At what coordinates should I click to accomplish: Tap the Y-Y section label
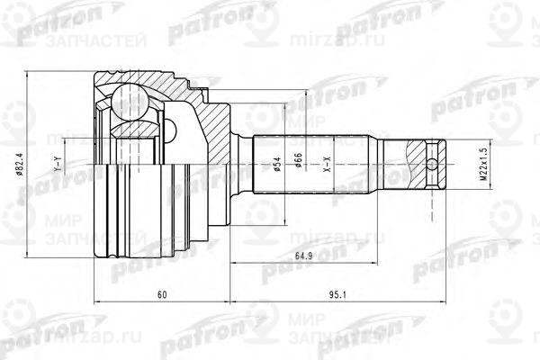(57, 166)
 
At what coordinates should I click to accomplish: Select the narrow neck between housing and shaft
(240, 166)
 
